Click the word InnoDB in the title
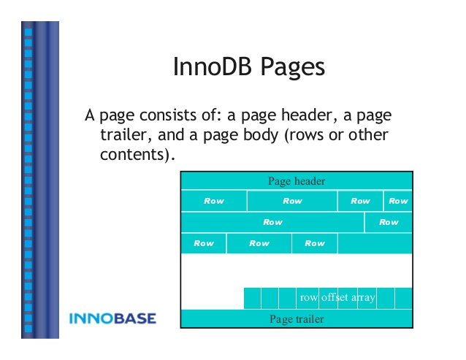[x=213, y=66]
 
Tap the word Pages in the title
[x=293, y=68]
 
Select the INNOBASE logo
[x=112, y=318]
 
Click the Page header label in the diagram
[x=297, y=181]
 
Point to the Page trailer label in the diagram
[x=297, y=319]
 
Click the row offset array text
[x=337, y=297]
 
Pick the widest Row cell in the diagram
[x=272, y=222]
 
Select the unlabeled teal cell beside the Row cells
[x=375, y=244]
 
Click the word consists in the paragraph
[x=168, y=115]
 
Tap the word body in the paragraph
[x=261, y=135]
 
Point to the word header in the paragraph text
[x=307, y=115]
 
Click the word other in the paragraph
[x=368, y=134]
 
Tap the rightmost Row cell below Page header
[x=398, y=201]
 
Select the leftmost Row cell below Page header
[x=214, y=201]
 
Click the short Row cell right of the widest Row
[x=389, y=222]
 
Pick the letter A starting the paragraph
[x=90, y=115]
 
